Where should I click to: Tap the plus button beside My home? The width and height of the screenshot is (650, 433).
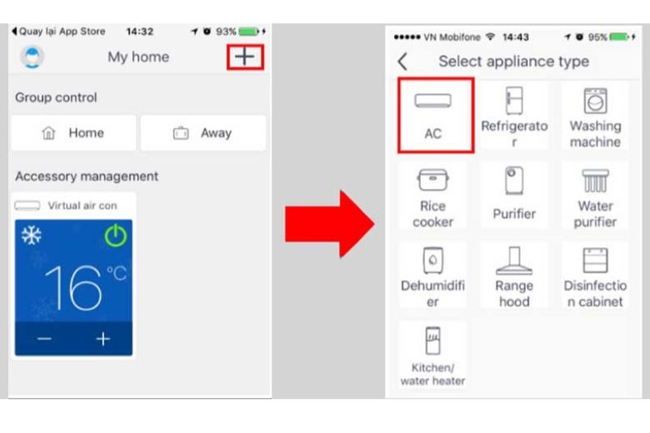click(x=245, y=57)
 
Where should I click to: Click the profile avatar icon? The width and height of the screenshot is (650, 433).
click(x=32, y=57)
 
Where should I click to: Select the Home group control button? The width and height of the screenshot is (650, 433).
click(x=74, y=133)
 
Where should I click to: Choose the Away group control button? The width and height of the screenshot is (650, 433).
click(x=203, y=133)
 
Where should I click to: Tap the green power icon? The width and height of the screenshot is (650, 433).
click(x=115, y=236)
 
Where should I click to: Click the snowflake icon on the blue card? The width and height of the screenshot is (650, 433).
click(x=32, y=236)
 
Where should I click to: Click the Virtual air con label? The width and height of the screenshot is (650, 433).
click(x=83, y=206)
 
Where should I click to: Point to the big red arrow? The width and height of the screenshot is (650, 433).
click(x=330, y=224)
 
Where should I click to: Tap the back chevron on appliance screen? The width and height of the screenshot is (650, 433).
click(x=402, y=62)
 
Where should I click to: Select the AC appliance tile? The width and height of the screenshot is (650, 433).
click(x=435, y=115)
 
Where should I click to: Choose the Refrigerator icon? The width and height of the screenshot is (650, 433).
click(x=514, y=100)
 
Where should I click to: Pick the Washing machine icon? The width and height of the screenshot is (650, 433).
click(x=596, y=101)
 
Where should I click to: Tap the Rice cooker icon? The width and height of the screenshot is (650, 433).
click(x=433, y=180)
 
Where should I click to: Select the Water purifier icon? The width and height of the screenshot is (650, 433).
click(x=596, y=180)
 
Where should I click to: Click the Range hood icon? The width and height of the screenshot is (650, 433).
click(x=514, y=261)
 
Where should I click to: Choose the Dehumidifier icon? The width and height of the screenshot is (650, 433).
click(x=433, y=260)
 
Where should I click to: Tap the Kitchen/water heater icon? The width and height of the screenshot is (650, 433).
click(x=433, y=340)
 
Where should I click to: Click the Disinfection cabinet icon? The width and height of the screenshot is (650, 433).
click(x=596, y=260)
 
